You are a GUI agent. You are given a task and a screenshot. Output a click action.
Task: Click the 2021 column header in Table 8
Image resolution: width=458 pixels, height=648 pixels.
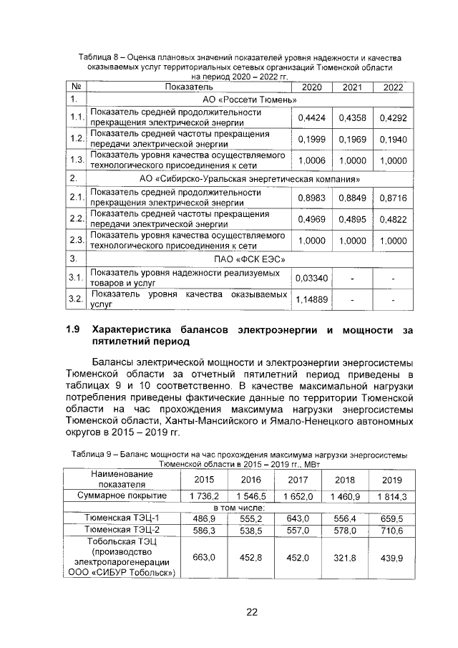(x=352, y=87)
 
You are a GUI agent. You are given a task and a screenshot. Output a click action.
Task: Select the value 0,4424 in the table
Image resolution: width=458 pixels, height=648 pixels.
(x=311, y=117)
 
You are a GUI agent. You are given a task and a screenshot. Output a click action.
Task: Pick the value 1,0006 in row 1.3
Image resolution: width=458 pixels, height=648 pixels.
(x=311, y=160)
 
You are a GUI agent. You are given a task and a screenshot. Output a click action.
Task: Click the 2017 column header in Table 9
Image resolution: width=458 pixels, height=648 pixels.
(x=298, y=480)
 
